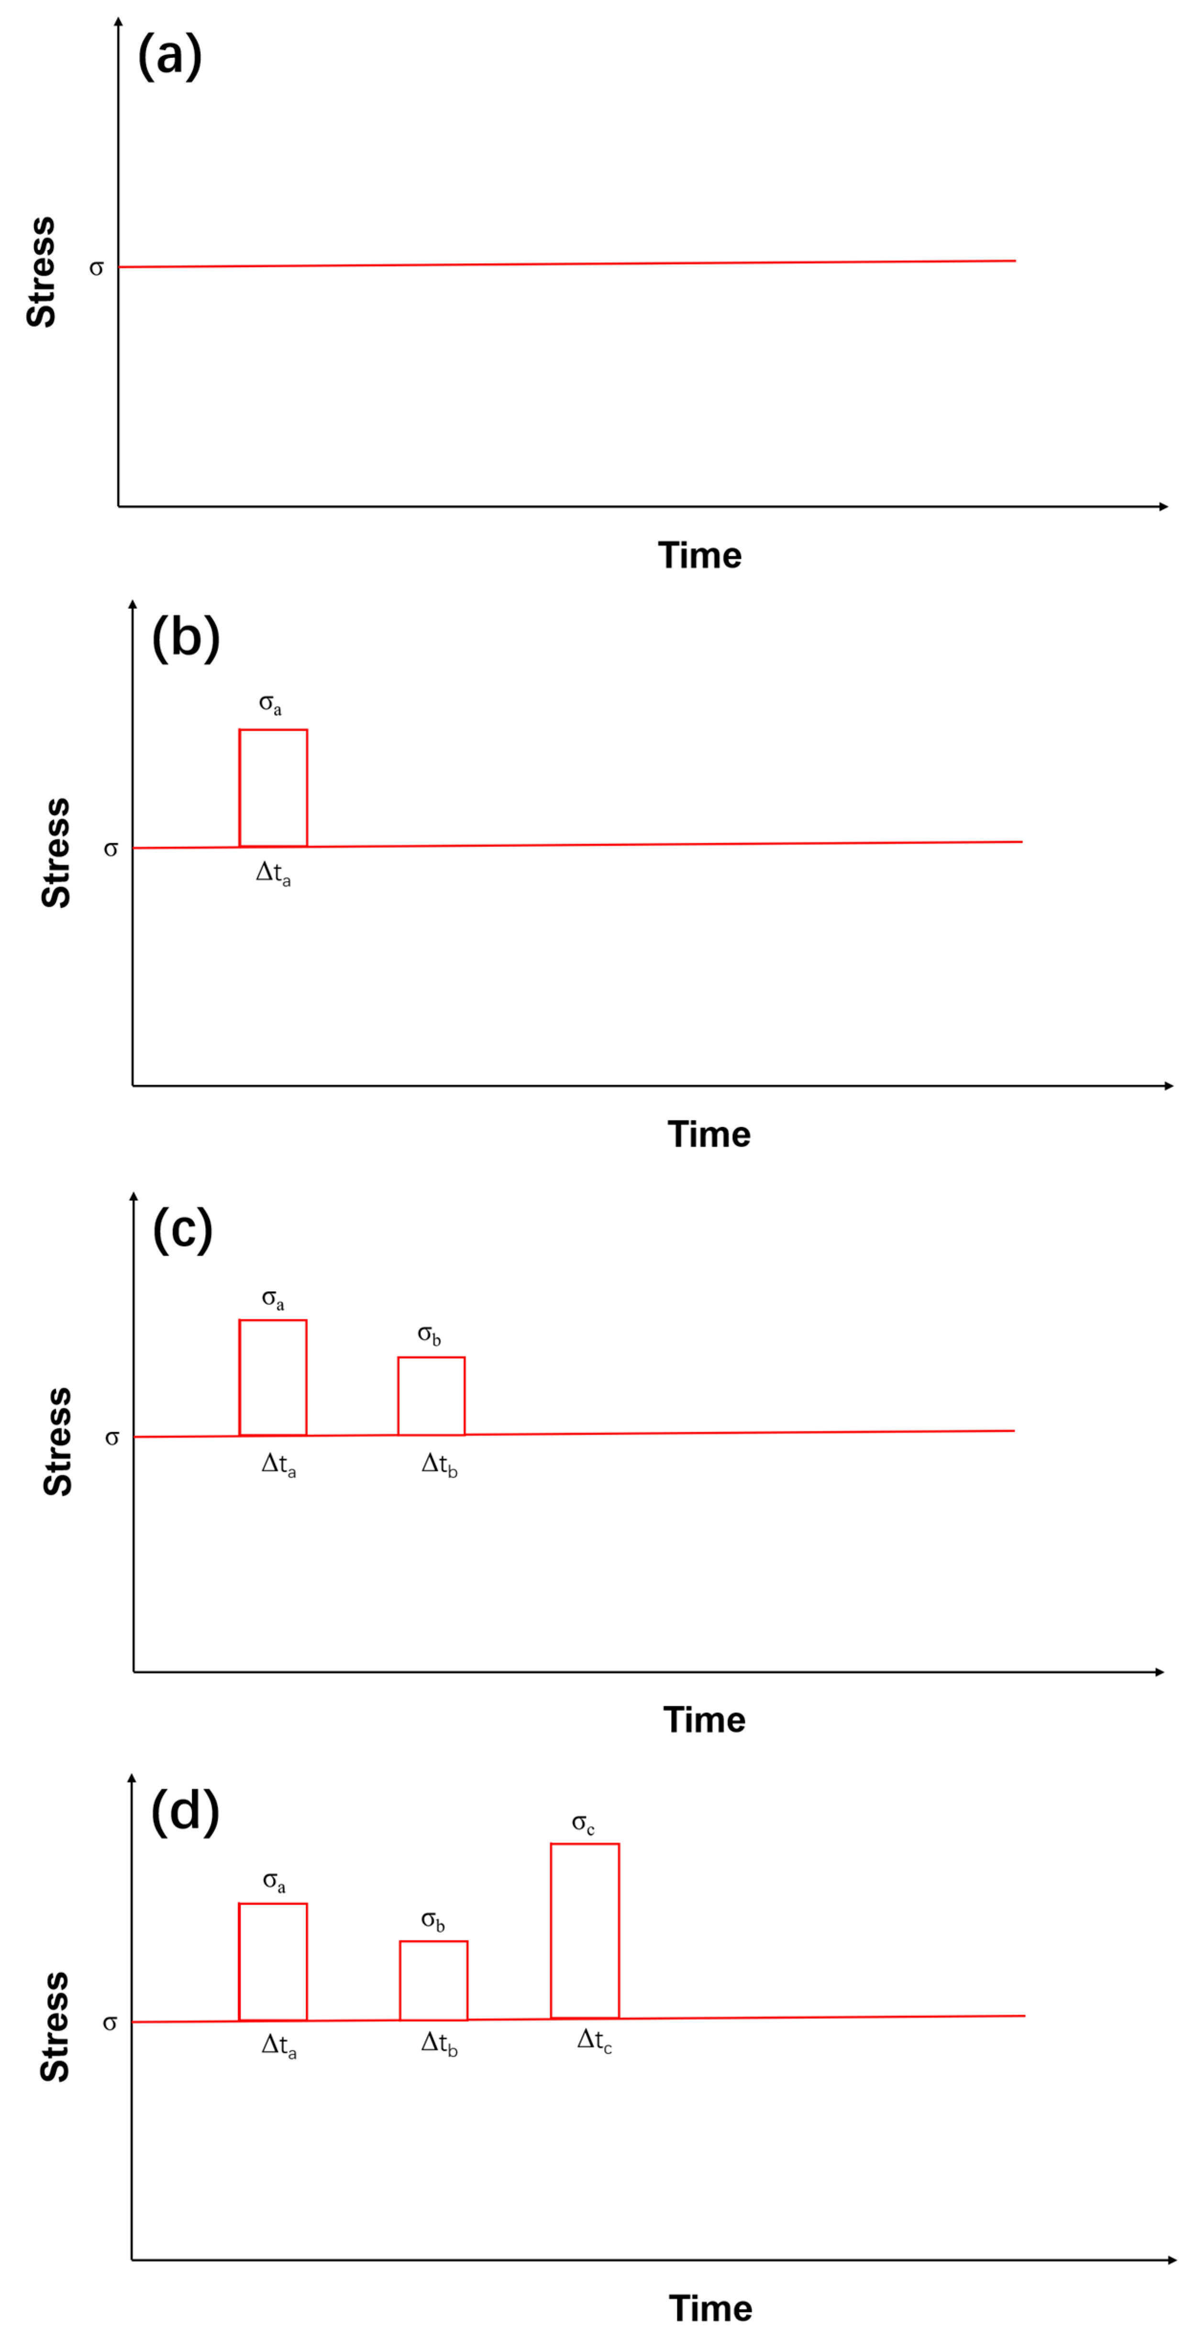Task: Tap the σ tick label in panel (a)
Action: pos(96,268)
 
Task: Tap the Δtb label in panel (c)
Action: pos(439,1464)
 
